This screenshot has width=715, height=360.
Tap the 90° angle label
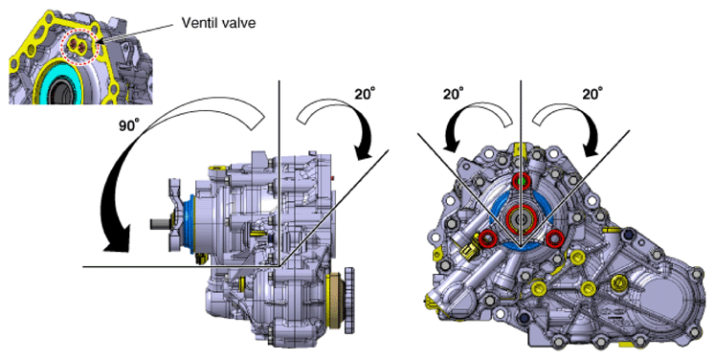[128, 126]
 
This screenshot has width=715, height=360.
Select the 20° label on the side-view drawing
[366, 94]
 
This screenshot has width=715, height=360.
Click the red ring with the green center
[521, 182]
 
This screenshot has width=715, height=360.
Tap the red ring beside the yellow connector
[488, 238]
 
